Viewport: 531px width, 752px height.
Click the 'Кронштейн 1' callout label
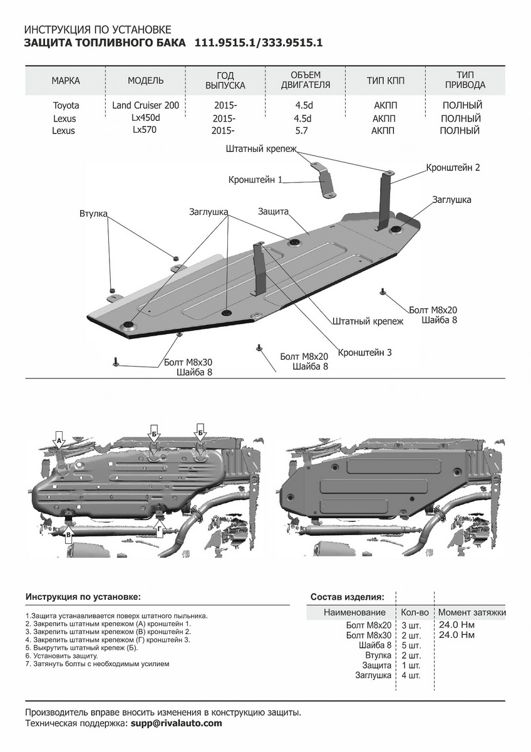pyautogui.click(x=255, y=180)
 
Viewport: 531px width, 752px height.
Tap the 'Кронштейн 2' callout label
pyautogui.click(x=453, y=168)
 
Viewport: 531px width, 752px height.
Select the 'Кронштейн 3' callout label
pyautogui.click(x=364, y=353)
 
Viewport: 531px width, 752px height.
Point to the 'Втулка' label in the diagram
pyautogui.click(x=93, y=214)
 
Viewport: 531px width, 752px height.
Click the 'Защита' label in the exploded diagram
pyautogui.click(x=273, y=212)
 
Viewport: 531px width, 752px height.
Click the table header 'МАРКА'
pyautogui.click(x=66, y=81)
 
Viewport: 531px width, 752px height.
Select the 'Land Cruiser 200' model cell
pyautogui.click(x=145, y=105)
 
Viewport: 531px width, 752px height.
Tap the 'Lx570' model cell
pyautogui.click(x=144, y=130)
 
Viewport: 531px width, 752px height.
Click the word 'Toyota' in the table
pyautogui.click(x=66, y=105)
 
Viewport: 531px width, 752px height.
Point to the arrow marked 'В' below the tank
pyautogui.click(x=69, y=535)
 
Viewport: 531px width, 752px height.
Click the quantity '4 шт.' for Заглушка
pyautogui.click(x=411, y=676)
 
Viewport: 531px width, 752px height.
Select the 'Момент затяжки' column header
pyautogui.click(x=472, y=612)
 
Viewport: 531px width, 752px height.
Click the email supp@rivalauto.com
pyautogui.click(x=176, y=723)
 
